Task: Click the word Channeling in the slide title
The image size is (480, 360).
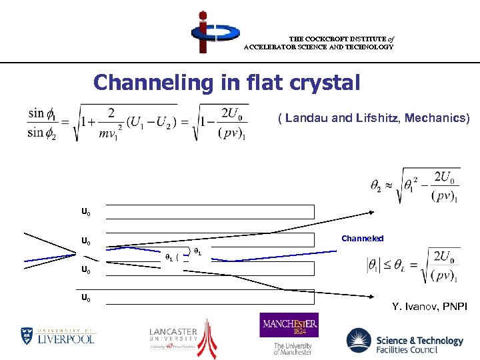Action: coord(141,83)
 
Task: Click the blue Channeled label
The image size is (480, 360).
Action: coord(362,238)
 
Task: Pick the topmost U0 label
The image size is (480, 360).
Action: coord(86,212)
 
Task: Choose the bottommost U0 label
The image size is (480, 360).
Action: coord(86,298)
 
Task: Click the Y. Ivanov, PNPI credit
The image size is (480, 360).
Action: coord(429,307)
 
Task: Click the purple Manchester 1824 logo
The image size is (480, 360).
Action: coord(289,326)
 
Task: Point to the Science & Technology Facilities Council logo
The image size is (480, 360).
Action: coord(404,341)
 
